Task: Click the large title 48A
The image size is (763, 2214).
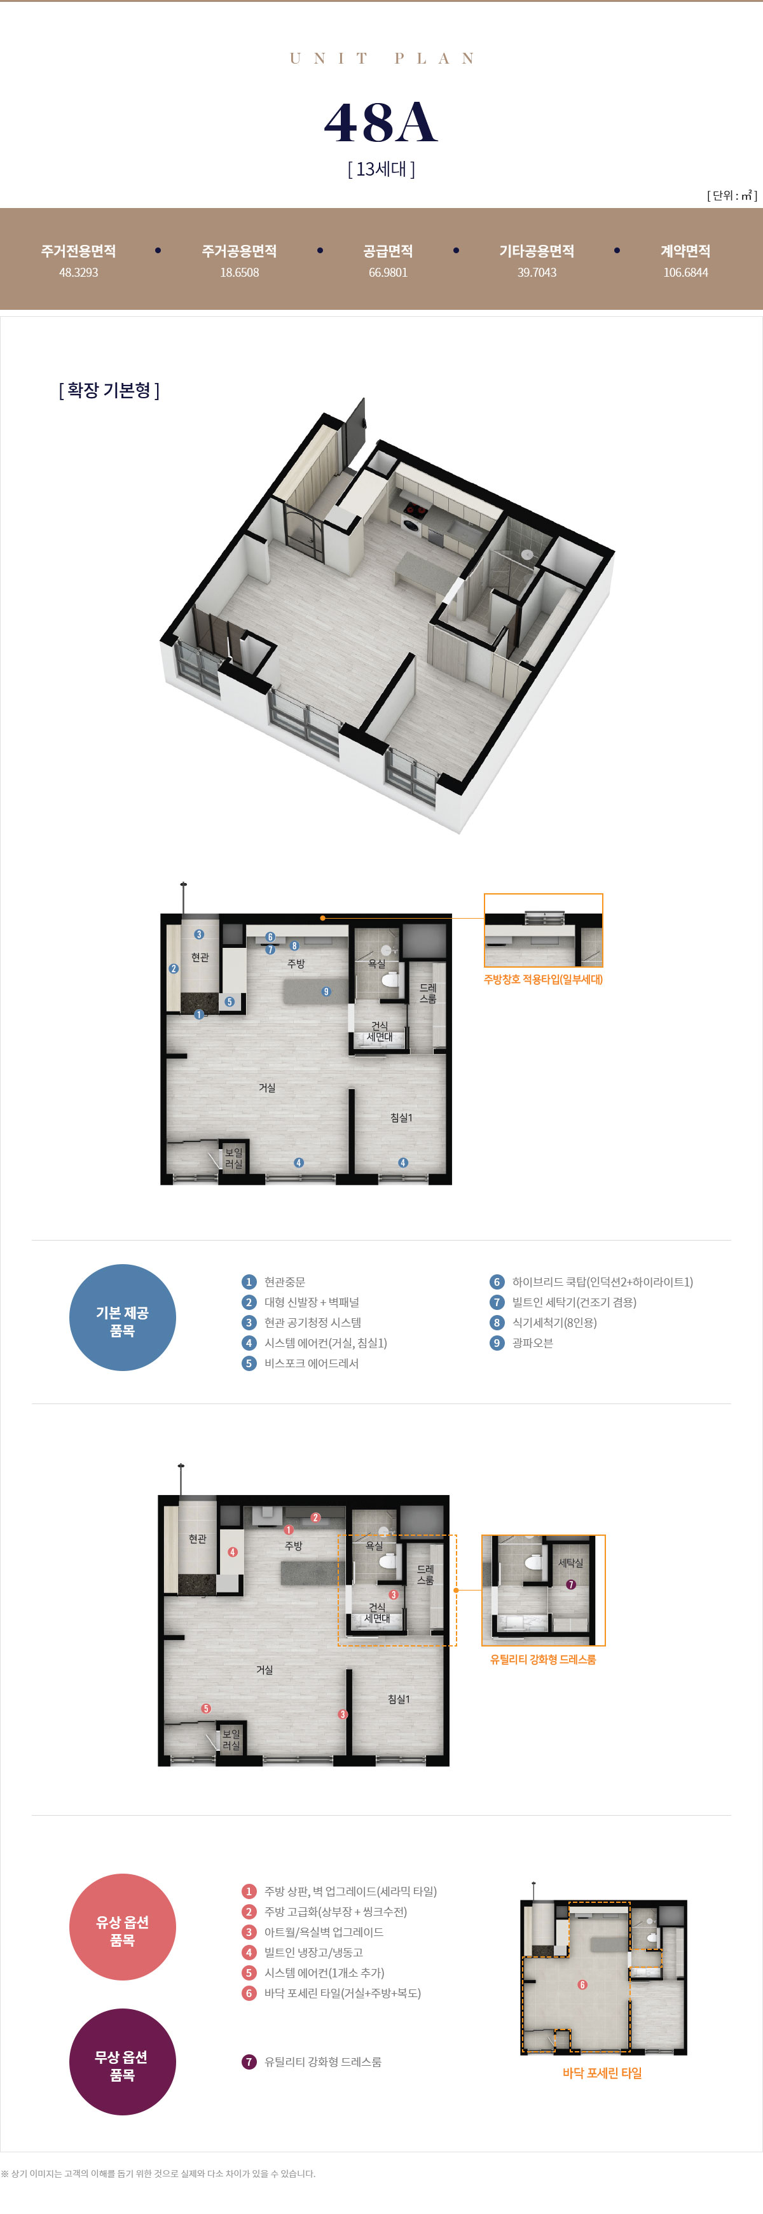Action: coord(381,122)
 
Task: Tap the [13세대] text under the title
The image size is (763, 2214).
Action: coord(381,169)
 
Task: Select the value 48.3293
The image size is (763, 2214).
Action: coord(78,272)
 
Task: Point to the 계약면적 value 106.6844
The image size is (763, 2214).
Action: coord(685,272)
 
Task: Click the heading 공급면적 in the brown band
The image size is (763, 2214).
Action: coord(387,251)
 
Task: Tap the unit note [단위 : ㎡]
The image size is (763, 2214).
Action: coord(732,196)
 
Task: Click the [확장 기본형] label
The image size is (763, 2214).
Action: coord(109,390)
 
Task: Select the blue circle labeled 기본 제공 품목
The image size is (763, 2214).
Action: coord(122,1317)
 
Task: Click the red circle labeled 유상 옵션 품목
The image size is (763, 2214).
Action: coord(122,1926)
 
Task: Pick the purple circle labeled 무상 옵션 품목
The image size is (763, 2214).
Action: coord(122,2061)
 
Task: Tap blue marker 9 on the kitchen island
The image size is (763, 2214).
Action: coord(326,991)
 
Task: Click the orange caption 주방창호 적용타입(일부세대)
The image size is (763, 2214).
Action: coord(543,979)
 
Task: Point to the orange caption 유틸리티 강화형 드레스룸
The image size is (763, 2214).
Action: coord(543,1659)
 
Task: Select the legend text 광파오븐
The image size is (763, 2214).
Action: coord(533,1342)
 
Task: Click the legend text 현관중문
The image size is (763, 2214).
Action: coord(284,1281)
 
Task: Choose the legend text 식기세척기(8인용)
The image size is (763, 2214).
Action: coord(554,1322)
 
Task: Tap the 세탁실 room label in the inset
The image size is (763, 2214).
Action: coord(570,1563)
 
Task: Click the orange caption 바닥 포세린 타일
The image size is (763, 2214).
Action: coord(602,2072)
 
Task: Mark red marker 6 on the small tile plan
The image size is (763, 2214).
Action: coord(582,1984)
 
